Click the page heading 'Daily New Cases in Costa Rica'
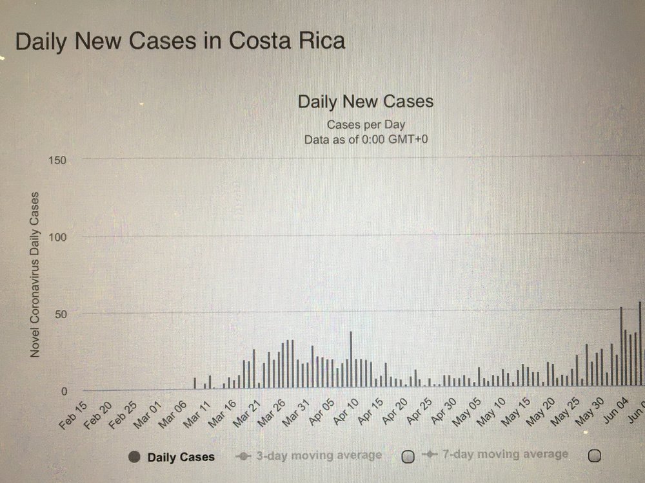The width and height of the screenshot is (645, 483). [x=180, y=41]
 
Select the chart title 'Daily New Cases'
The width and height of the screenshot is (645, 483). [x=365, y=102]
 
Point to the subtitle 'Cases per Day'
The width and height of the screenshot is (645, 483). [x=366, y=124]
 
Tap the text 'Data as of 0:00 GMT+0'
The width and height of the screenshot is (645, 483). [x=366, y=138]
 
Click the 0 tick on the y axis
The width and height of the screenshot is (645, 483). [x=64, y=391]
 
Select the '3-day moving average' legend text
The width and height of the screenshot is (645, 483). [x=319, y=455]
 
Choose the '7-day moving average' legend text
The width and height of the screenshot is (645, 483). [x=505, y=454]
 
